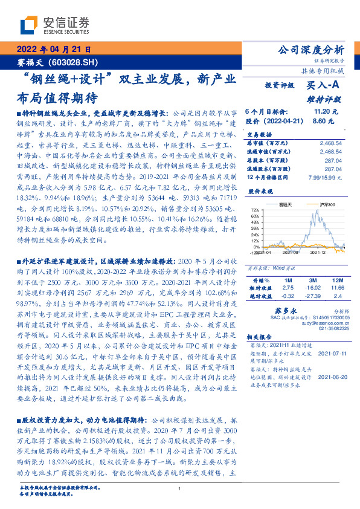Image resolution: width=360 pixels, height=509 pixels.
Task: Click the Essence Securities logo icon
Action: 30,25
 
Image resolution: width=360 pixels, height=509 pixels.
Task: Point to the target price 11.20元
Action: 321,112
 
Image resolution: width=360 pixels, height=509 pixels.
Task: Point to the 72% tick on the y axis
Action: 256,210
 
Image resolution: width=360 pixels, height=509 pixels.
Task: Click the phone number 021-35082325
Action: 330,329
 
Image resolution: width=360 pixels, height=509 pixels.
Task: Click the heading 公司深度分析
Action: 309,50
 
